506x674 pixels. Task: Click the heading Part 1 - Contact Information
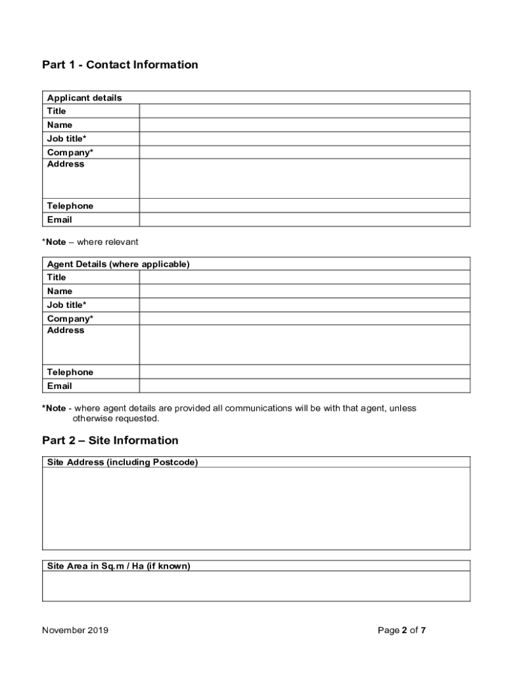pyautogui.click(x=120, y=65)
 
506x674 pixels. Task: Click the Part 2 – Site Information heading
pyautogui.click(x=110, y=440)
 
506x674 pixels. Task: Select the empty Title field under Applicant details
pyautogui.click(x=304, y=111)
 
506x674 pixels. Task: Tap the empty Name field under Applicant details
pyautogui.click(x=304, y=125)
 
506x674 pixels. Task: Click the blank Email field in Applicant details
pyautogui.click(x=304, y=220)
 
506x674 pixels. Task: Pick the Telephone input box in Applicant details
pyautogui.click(x=304, y=206)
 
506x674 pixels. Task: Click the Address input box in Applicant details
pyautogui.click(x=304, y=178)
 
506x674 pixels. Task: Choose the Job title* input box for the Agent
pyautogui.click(x=304, y=305)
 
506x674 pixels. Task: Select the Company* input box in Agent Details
pyautogui.click(x=304, y=319)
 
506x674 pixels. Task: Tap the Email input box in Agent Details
pyautogui.click(x=304, y=386)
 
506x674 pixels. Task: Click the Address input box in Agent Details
pyautogui.click(x=304, y=345)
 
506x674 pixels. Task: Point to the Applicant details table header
pyautogui.click(x=84, y=98)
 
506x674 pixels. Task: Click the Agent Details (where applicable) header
pyautogui.click(x=118, y=264)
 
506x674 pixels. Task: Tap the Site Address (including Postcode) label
pyautogui.click(x=122, y=462)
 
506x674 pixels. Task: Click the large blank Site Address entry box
pyautogui.click(x=256, y=508)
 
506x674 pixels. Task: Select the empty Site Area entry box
pyautogui.click(x=256, y=586)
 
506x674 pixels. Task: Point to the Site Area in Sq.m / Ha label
pyautogui.click(x=118, y=566)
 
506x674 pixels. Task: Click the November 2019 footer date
pyautogui.click(x=75, y=631)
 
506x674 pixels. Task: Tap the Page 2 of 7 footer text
pyautogui.click(x=402, y=631)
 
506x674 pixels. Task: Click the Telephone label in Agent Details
pyautogui.click(x=70, y=373)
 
